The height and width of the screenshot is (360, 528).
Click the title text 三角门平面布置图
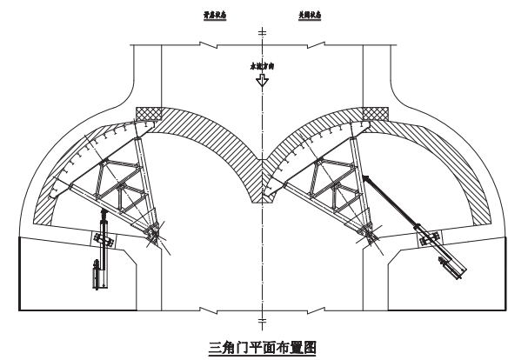(263, 348)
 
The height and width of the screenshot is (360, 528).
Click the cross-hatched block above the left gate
(150, 114)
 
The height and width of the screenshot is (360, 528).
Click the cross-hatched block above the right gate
(375, 114)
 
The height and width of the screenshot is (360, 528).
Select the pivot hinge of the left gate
(154, 233)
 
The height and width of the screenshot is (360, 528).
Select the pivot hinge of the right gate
(371, 233)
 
